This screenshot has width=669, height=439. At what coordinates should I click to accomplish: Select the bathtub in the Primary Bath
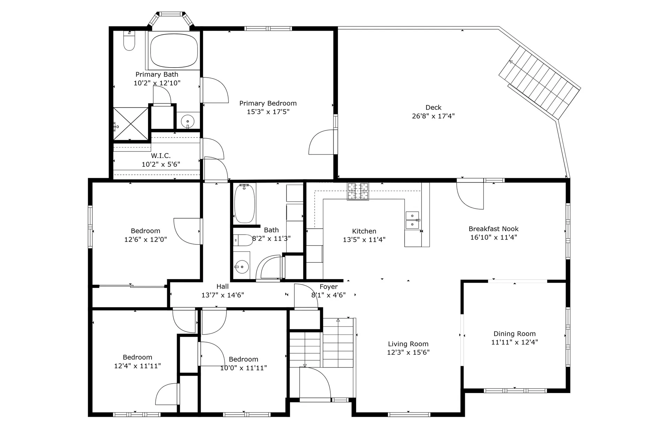[x=174, y=50]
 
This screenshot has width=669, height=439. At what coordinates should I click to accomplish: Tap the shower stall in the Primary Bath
[x=131, y=124]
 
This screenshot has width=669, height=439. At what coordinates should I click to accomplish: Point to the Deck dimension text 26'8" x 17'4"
[x=433, y=116]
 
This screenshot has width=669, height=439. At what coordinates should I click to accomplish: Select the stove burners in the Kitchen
[x=358, y=191]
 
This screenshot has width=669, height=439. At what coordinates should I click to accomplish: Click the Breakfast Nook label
[x=493, y=229]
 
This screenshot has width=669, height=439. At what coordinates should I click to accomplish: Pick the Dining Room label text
[x=514, y=334]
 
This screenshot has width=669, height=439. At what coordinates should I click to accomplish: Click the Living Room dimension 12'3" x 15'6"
[x=408, y=352]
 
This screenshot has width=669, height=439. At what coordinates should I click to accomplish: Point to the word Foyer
[x=329, y=287]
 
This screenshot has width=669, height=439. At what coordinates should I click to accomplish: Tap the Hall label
[x=222, y=286]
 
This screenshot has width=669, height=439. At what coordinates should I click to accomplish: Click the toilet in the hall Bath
[x=243, y=240]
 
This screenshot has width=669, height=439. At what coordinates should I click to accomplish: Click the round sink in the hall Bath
[x=242, y=267]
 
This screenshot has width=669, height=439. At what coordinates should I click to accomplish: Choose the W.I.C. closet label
[x=161, y=156]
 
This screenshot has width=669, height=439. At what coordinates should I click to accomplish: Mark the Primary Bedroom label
[x=268, y=103]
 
